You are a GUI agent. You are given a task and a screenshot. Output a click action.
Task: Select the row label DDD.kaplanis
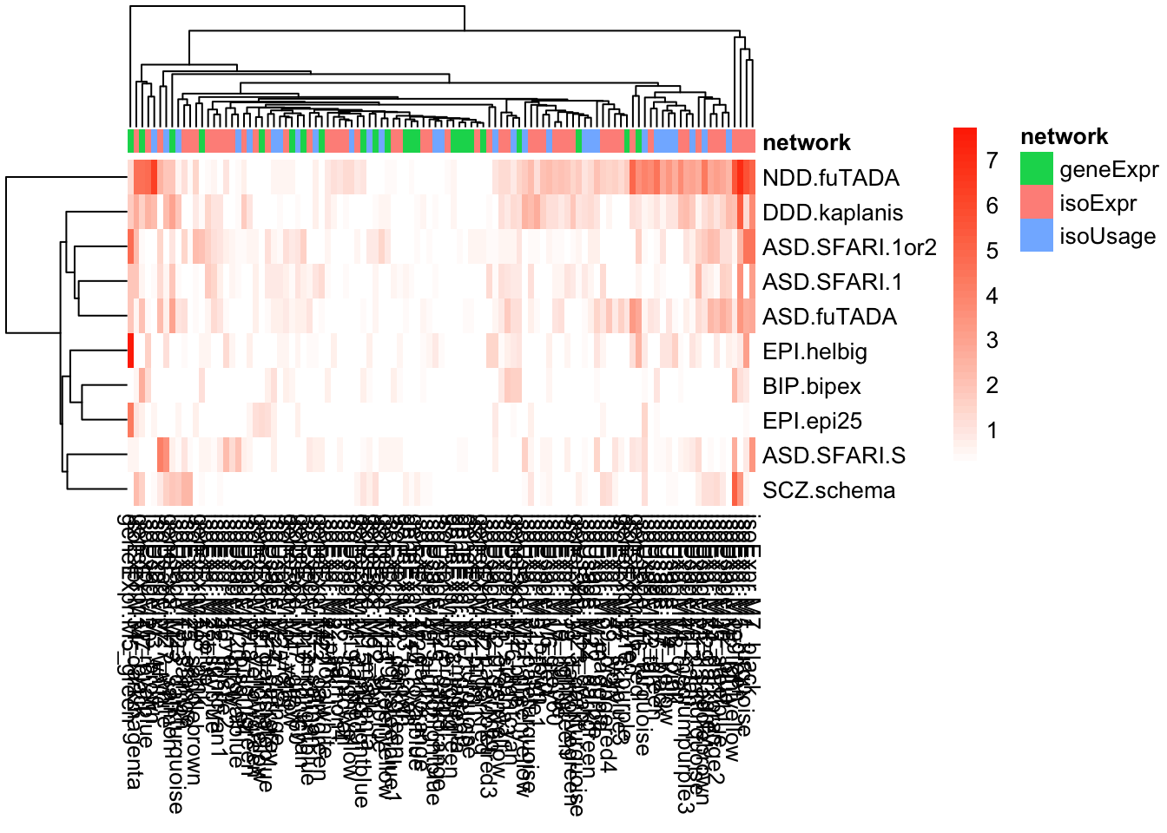833,213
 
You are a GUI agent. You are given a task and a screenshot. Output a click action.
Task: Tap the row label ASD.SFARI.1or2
849,247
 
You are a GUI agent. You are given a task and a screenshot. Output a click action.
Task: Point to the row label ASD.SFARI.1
832,282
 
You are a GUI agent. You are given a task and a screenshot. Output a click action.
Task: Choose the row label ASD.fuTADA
829,317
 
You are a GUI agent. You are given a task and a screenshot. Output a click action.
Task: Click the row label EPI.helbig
814,351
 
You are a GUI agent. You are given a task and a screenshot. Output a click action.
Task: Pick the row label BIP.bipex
811,386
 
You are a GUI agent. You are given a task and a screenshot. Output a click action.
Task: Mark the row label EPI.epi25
812,421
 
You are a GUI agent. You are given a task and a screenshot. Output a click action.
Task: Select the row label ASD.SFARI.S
834,456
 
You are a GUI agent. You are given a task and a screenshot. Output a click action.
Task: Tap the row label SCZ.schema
828,490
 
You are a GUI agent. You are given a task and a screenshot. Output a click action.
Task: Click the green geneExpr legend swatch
1037,169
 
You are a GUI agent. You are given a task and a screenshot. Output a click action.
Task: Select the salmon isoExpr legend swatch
1037,202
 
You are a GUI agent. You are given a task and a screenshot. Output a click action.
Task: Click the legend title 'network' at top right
1064,136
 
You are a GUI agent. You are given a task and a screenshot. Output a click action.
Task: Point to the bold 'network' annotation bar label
806,142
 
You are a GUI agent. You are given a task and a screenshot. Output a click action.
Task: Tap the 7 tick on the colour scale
992,161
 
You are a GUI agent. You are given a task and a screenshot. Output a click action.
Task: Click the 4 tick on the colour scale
992,296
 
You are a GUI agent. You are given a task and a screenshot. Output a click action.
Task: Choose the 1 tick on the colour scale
992,430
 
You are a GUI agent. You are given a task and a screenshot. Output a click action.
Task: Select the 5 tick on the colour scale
992,251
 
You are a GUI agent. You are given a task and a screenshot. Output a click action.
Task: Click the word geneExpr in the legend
1109,169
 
